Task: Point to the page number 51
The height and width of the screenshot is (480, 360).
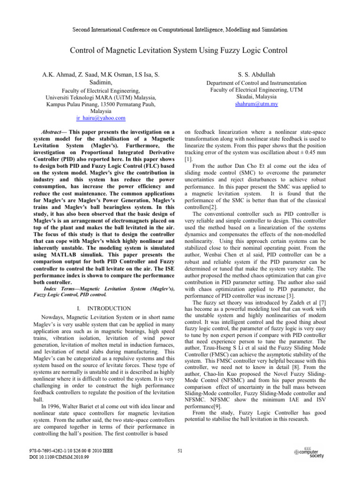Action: pos(180,452)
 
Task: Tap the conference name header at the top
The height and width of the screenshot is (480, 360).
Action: pos(180,30)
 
